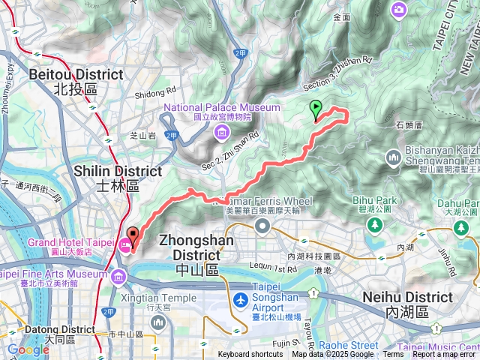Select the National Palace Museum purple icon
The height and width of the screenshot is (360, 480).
point(221,133)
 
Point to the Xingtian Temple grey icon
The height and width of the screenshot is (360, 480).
point(157,322)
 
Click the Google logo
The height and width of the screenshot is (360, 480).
point(28,350)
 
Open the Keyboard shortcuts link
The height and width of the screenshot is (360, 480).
point(250,355)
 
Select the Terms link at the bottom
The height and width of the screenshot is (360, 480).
point(392,355)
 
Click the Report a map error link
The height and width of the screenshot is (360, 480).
point(445,355)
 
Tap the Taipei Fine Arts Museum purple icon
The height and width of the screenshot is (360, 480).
point(118,277)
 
